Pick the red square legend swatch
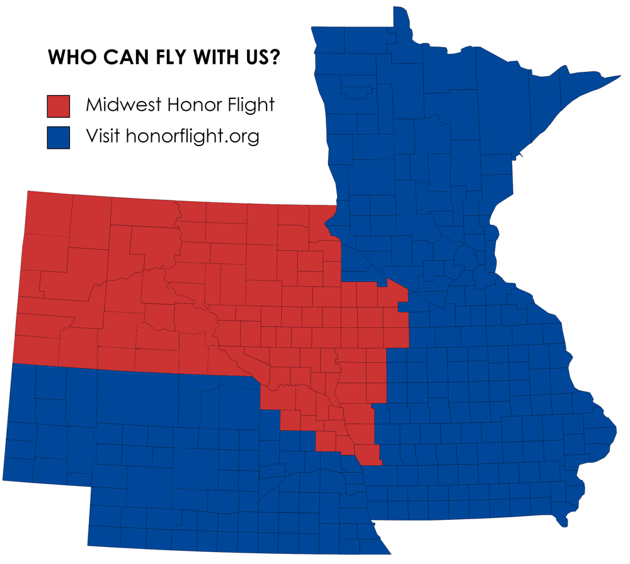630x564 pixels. (58, 105)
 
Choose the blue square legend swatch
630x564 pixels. (58, 137)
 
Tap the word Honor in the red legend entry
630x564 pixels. (186, 104)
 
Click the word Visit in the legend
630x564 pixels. (103, 135)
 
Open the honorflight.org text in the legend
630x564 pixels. (193, 137)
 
